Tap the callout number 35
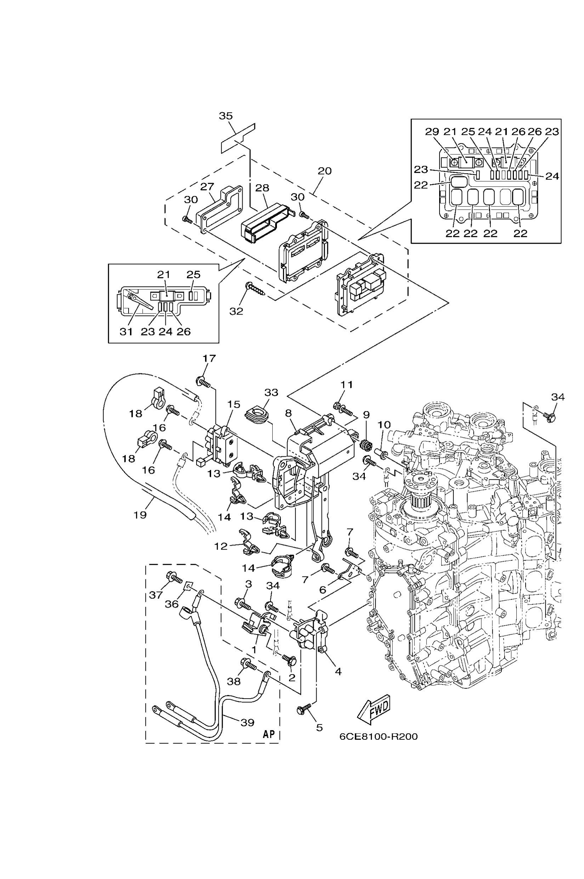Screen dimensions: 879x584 pyautogui.click(x=226, y=116)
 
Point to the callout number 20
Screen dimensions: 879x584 pyautogui.click(x=324, y=171)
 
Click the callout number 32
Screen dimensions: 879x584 pyautogui.click(x=236, y=311)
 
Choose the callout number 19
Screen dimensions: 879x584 pyautogui.click(x=140, y=515)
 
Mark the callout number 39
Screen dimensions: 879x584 pyautogui.click(x=247, y=723)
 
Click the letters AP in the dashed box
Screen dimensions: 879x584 pyautogui.click(x=268, y=734)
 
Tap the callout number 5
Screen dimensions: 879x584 pyautogui.click(x=319, y=728)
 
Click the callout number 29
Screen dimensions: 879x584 pyautogui.click(x=432, y=131)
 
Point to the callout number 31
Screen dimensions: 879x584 pyautogui.click(x=126, y=332)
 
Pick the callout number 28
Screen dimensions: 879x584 pyautogui.click(x=262, y=188)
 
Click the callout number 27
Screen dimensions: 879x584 pyautogui.click(x=207, y=187)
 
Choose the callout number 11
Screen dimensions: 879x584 pyautogui.click(x=346, y=384)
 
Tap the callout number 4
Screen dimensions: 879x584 pyautogui.click(x=338, y=671)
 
